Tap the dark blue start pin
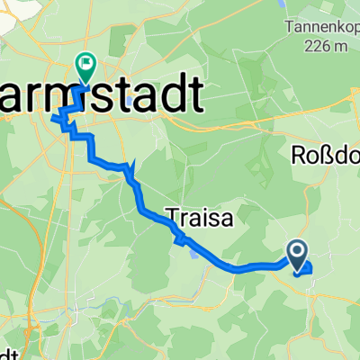[297, 253]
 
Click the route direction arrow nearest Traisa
[180, 238]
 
